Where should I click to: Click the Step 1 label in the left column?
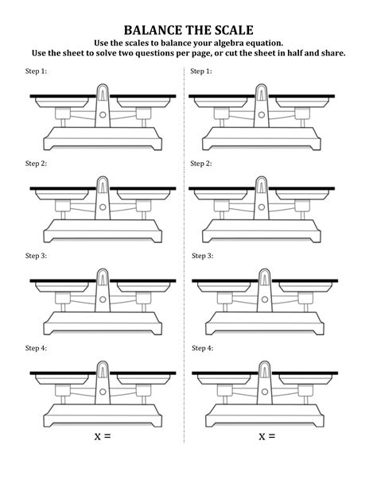coord(37,72)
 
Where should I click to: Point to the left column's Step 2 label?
coord(37,164)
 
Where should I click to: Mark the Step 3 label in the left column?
coord(37,256)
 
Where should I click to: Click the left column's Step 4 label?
coord(37,348)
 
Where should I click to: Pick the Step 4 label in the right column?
coord(202,348)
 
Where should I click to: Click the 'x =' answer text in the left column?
coord(102,437)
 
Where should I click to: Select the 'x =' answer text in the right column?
coord(266,437)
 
